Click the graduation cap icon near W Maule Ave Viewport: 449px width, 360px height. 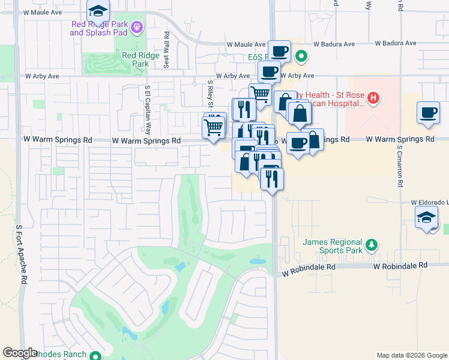tap(98, 10)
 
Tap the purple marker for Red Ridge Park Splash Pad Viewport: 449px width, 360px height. tap(136, 27)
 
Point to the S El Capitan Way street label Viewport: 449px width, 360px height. tap(147, 110)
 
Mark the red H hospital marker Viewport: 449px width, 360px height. tap(373, 97)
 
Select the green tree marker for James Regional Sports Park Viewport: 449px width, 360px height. tap(372, 244)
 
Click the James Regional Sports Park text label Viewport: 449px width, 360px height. tap(333, 246)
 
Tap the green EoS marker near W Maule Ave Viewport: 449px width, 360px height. tap(302, 58)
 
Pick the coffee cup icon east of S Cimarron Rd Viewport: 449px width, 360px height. tap(429, 113)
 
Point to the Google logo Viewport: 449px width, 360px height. tap(20, 353)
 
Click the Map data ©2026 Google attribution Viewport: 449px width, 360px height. tap(412, 355)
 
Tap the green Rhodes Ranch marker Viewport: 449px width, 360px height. tap(95, 356)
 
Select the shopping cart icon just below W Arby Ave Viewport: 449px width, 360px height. tap(260, 94)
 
